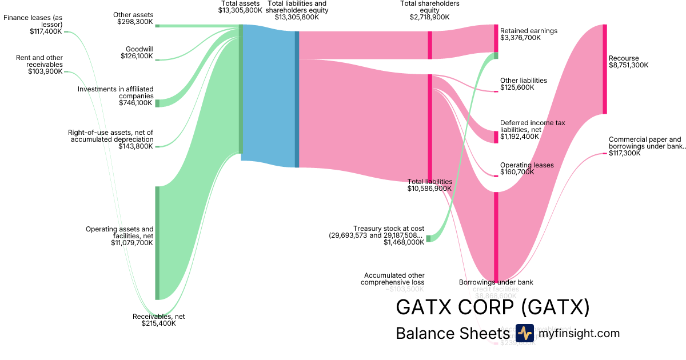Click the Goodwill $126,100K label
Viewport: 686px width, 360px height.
[x=137, y=53]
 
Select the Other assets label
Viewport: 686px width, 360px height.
[x=133, y=18]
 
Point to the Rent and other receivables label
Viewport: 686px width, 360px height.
[x=39, y=65]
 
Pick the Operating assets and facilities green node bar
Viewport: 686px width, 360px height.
[x=157, y=242]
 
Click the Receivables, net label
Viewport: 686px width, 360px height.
[x=158, y=320]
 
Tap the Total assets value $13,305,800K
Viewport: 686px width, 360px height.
[x=240, y=10]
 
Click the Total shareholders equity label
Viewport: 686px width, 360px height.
[x=429, y=10]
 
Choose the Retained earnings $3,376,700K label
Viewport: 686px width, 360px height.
[x=528, y=34]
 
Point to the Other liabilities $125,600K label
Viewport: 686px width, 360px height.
[x=523, y=84]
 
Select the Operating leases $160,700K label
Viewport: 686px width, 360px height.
[x=527, y=169]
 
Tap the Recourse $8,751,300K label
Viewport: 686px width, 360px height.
[x=628, y=62]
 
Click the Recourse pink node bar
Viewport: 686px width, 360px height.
[x=604, y=69]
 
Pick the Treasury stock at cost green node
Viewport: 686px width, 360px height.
[x=428, y=238]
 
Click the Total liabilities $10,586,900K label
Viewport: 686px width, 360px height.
[x=429, y=185]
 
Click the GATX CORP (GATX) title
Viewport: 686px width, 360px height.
[x=492, y=307]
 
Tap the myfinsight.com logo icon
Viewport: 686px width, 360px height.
[x=524, y=333]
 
